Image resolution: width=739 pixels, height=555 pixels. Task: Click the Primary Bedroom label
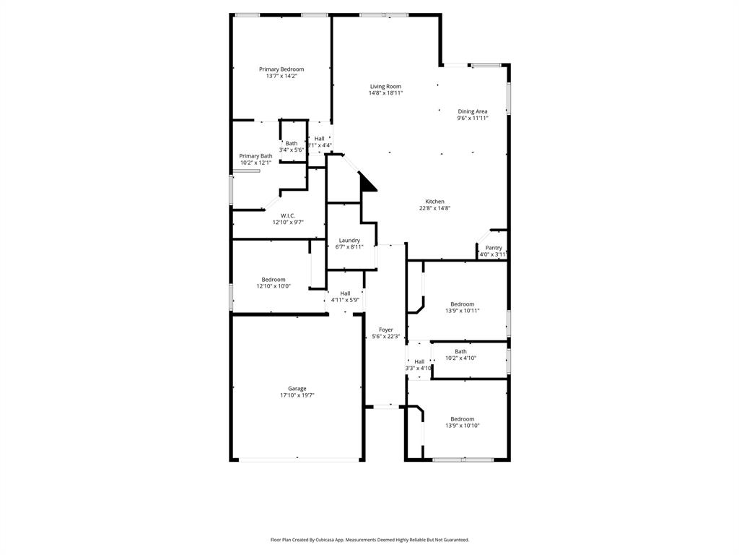(281, 69)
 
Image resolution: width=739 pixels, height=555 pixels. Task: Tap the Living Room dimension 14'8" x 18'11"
(385, 93)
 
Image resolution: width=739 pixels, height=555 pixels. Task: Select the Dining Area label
(472, 111)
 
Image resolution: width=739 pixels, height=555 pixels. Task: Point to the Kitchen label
(434, 202)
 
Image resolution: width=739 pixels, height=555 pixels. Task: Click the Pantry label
(494, 248)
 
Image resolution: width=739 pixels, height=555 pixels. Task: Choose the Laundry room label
(349, 240)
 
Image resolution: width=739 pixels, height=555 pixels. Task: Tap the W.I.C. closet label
(289, 215)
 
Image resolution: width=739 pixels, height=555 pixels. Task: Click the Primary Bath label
(255, 156)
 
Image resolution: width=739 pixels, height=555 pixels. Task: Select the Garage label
(297, 389)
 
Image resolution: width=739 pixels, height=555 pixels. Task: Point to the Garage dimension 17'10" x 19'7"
(297, 396)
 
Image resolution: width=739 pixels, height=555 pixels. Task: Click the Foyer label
(386, 330)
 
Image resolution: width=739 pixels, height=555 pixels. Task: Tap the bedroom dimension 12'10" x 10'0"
(274, 286)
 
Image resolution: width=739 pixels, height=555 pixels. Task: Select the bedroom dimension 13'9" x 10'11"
(462, 311)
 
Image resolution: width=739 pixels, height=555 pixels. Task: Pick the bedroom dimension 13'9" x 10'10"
(462, 426)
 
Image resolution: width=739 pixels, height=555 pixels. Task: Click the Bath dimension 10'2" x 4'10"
(460, 358)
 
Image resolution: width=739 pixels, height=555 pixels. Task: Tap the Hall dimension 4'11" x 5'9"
(345, 300)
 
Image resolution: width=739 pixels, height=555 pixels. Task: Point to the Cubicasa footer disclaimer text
(369, 540)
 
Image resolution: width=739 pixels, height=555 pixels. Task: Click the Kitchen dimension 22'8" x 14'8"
(434, 208)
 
